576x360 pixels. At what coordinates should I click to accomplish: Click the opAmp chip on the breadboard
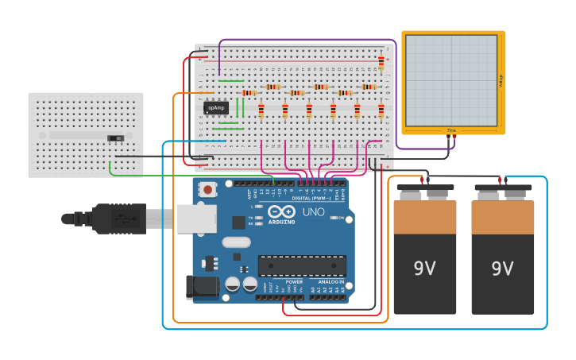(x=216, y=107)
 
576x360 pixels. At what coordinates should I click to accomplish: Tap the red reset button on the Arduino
(x=208, y=189)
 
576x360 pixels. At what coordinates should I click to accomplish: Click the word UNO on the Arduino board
(x=313, y=211)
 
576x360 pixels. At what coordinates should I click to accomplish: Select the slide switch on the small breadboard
(x=116, y=138)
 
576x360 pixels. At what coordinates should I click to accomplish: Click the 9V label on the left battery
(x=424, y=269)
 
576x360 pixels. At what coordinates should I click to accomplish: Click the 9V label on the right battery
(x=502, y=269)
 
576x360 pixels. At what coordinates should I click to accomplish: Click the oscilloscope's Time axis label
(x=451, y=130)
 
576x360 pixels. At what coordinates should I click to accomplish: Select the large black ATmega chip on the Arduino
(x=302, y=266)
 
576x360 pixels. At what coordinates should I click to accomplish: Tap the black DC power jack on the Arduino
(x=203, y=287)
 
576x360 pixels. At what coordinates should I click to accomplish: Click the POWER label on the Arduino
(x=294, y=281)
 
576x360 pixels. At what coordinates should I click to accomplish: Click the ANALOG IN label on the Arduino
(x=331, y=281)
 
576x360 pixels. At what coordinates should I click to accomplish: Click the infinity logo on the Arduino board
(x=282, y=211)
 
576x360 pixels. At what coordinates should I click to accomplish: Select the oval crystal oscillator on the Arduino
(x=236, y=242)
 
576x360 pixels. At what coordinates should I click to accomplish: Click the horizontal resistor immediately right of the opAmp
(x=249, y=93)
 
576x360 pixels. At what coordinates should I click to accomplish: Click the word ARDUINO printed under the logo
(x=282, y=222)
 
